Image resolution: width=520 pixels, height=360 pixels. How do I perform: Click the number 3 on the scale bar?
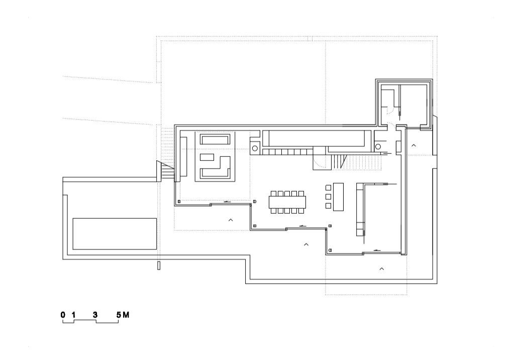tap(95, 315)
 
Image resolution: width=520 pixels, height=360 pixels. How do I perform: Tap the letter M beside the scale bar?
tap(126, 315)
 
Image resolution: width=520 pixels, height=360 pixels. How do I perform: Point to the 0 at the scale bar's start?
tap(63, 315)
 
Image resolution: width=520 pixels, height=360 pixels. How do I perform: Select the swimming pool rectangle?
tap(115, 234)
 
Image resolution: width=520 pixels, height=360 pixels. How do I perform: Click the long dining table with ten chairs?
tap(287, 202)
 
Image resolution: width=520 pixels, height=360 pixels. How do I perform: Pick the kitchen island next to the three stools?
tap(338, 197)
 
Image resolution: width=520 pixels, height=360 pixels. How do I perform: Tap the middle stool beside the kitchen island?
tap(328, 197)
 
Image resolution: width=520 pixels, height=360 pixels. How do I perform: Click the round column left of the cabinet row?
tap(255, 148)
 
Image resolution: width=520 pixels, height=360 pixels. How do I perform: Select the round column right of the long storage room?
tap(378, 146)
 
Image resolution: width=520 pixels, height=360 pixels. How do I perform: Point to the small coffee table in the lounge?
tap(207, 157)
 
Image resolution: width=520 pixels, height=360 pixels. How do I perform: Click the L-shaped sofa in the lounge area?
tap(215, 167)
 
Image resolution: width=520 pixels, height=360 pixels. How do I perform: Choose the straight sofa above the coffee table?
tap(215, 139)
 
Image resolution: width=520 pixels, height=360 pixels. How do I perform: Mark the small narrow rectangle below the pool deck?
tap(159, 265)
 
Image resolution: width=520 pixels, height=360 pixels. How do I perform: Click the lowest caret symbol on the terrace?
tap(382, 269)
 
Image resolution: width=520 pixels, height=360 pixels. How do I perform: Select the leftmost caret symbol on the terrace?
tap(231, 220)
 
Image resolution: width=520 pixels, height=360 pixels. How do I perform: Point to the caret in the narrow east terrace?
tap(413, 145)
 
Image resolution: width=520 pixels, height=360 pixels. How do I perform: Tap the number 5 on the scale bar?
tap(119, 315)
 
